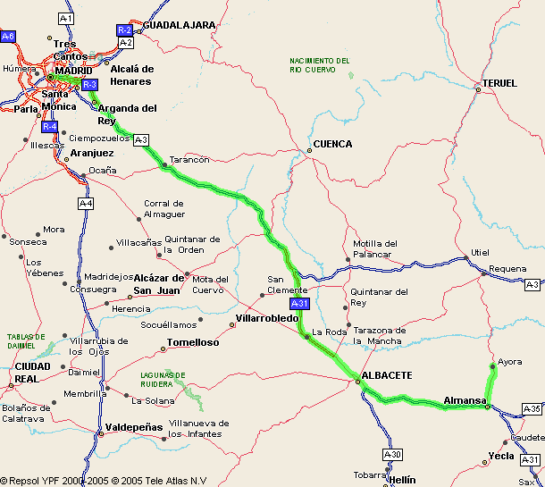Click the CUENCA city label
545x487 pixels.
click(332, 144)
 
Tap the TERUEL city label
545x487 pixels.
click(499, 83)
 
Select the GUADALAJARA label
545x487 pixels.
click(180, 25)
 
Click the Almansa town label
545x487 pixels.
click(464, 399)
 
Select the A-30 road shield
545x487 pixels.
click(392, 454)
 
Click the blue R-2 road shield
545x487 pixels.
click(125, 29)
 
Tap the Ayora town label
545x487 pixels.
click(509, 362)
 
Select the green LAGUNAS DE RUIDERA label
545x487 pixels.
click(163, 380)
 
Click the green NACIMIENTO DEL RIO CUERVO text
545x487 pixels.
click(320, 64)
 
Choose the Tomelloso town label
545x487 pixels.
click(194, 342)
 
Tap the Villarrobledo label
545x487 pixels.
click(267, 318)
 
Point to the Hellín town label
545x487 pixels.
click(403, 480)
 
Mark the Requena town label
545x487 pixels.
click(508, 268)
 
